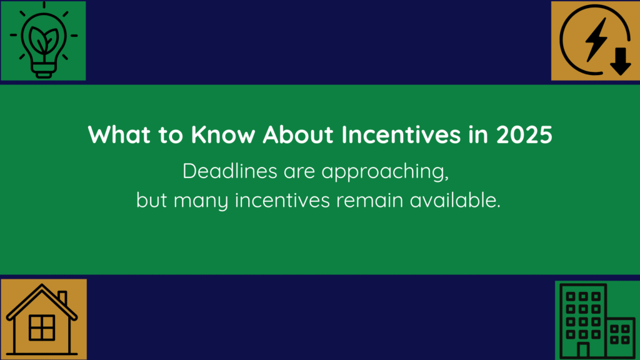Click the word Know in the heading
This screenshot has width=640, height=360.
[x=223, y=134]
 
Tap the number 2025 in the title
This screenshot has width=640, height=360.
[x=524, y=135]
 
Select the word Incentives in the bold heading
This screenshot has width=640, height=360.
[x=401, y=134]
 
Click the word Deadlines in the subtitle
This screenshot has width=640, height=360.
[x=230, y=171]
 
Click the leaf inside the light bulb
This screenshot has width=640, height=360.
[x=43, y=40]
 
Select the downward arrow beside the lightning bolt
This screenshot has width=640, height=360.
[x=621, y=61]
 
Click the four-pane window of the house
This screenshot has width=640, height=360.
[x=42, y=327]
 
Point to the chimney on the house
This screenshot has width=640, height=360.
[x=62, y=297]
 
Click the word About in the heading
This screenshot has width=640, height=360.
[x=298, y=134]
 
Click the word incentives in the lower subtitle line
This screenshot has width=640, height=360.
[x=282, y=200]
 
